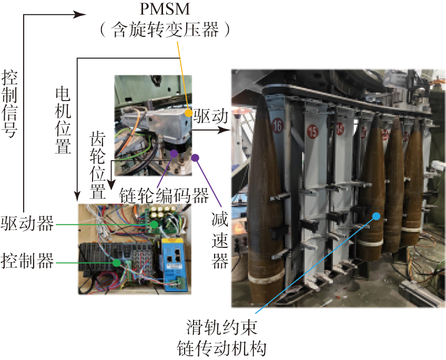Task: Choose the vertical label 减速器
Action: pyautogui.click(x=219, y=240)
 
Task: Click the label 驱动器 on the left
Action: pyautogui.click(x=27, y=224)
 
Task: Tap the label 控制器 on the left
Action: pyautogui.click(x=27, y=261)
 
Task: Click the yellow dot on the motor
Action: pyautogui.click(x=188, y=113)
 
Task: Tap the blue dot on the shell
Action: pyautogui.click(x=377, y=215)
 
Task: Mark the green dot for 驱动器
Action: pyautogui.click(x=154, y=224)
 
